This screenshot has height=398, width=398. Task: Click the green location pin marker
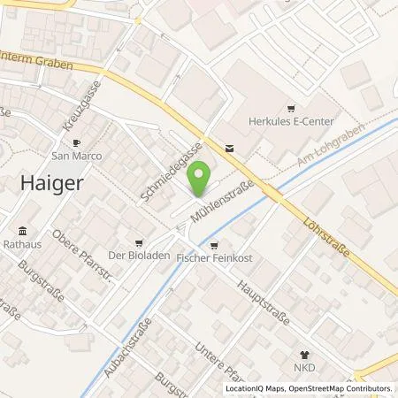point(199,175)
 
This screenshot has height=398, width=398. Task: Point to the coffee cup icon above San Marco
point(77,142)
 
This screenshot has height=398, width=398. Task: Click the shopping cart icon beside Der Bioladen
point(140,241)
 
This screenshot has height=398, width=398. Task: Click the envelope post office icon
point(230,149)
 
